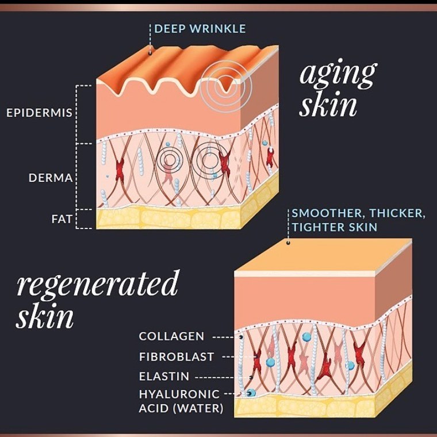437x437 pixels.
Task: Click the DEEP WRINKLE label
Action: [x=200, y=29]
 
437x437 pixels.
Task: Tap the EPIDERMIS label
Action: [x=39, y=113]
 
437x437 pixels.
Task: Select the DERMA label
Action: [x=51, y=178]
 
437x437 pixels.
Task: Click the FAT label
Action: [x=62, y=219]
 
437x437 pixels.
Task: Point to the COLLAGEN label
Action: [x=172, y=336]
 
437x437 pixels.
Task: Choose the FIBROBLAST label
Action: [x=177, y=356]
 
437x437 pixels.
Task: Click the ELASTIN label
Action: [x=164, y=376]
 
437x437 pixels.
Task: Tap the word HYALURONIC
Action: [x=179, y=394]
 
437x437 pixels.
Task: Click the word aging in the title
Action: [x=338, y=73]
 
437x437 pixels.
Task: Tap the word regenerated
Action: [x=97, y=283]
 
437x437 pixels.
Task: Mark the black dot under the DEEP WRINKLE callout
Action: [x=150, y=53]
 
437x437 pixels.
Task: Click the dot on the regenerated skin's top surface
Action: [x=288, y=243]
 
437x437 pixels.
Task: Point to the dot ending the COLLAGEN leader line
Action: [x=241, y=337]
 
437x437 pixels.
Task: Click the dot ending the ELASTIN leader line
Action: [x=251, y=378]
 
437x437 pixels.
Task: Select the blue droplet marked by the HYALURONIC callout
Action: [x=251, y=393]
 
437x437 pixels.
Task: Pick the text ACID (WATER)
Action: [x=181, y=408]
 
